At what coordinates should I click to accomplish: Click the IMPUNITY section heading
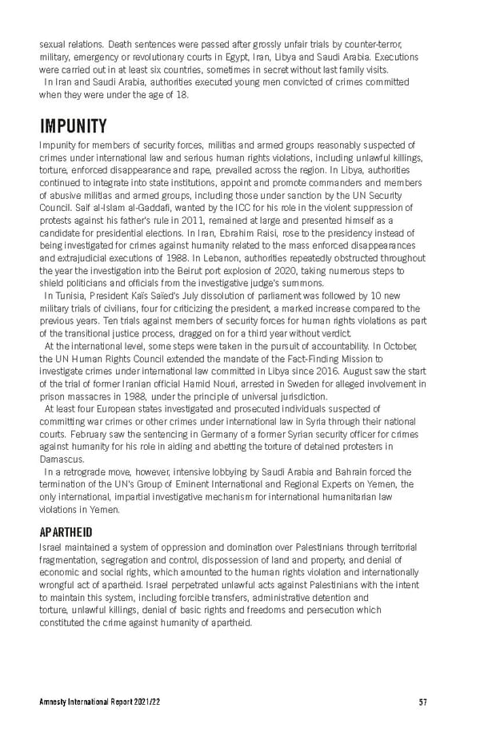pos(73,126)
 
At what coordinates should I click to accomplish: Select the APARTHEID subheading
pos(66,531)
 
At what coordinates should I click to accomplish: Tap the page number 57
pos(422,702)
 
